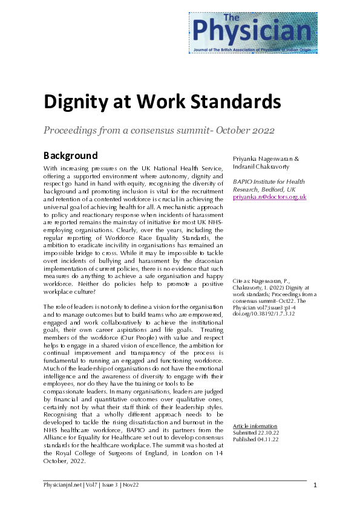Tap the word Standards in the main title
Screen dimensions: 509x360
pos(225,101)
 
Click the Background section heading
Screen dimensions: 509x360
pos(71,155)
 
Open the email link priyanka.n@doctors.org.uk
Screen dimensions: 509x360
pos(270,196)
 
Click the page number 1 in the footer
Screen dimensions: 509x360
pos(315,485)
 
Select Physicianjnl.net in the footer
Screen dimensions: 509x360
pos(64,485)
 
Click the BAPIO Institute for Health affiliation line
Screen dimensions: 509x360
pos(269,181)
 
